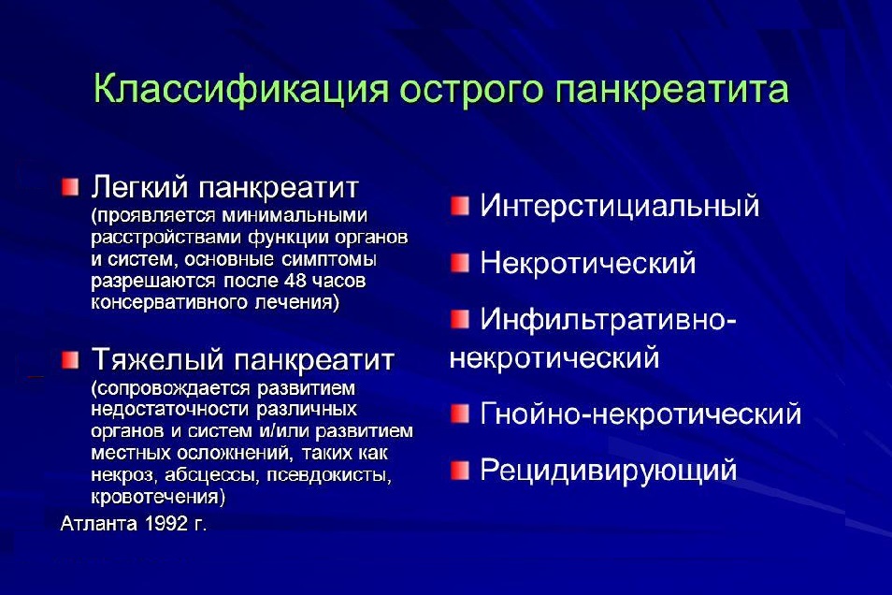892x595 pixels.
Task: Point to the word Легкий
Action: click(x=139, y=188)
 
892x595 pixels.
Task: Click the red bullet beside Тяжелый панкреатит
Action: click(x=72, y=360)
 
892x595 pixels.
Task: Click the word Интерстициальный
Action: click(x=619, y=206)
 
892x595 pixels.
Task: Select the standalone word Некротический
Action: click(x=587, y=263)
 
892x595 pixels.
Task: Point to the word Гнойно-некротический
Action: click(x=640, y=414)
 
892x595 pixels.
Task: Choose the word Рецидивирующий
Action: click(x=608, y=470)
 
